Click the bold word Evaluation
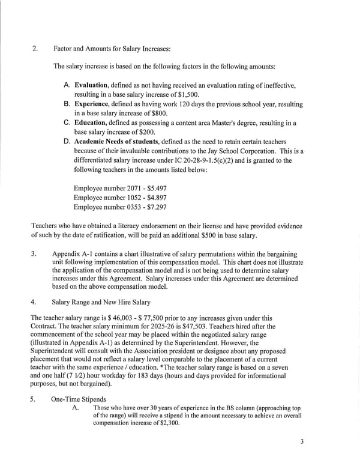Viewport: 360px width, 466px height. pos(91,85)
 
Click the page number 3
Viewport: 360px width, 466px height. pos(302,442)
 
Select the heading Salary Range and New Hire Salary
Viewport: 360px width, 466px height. pos(101,301)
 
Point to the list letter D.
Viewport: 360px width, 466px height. pos(68,142)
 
